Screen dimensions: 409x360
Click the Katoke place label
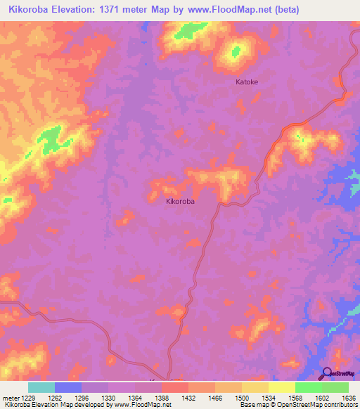(246, 82)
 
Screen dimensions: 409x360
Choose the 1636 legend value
(347, 398)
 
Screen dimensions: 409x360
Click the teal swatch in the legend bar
(41, 387)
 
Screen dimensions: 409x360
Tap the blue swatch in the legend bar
(68, 387)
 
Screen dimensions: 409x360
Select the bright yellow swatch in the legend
(281, 387)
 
